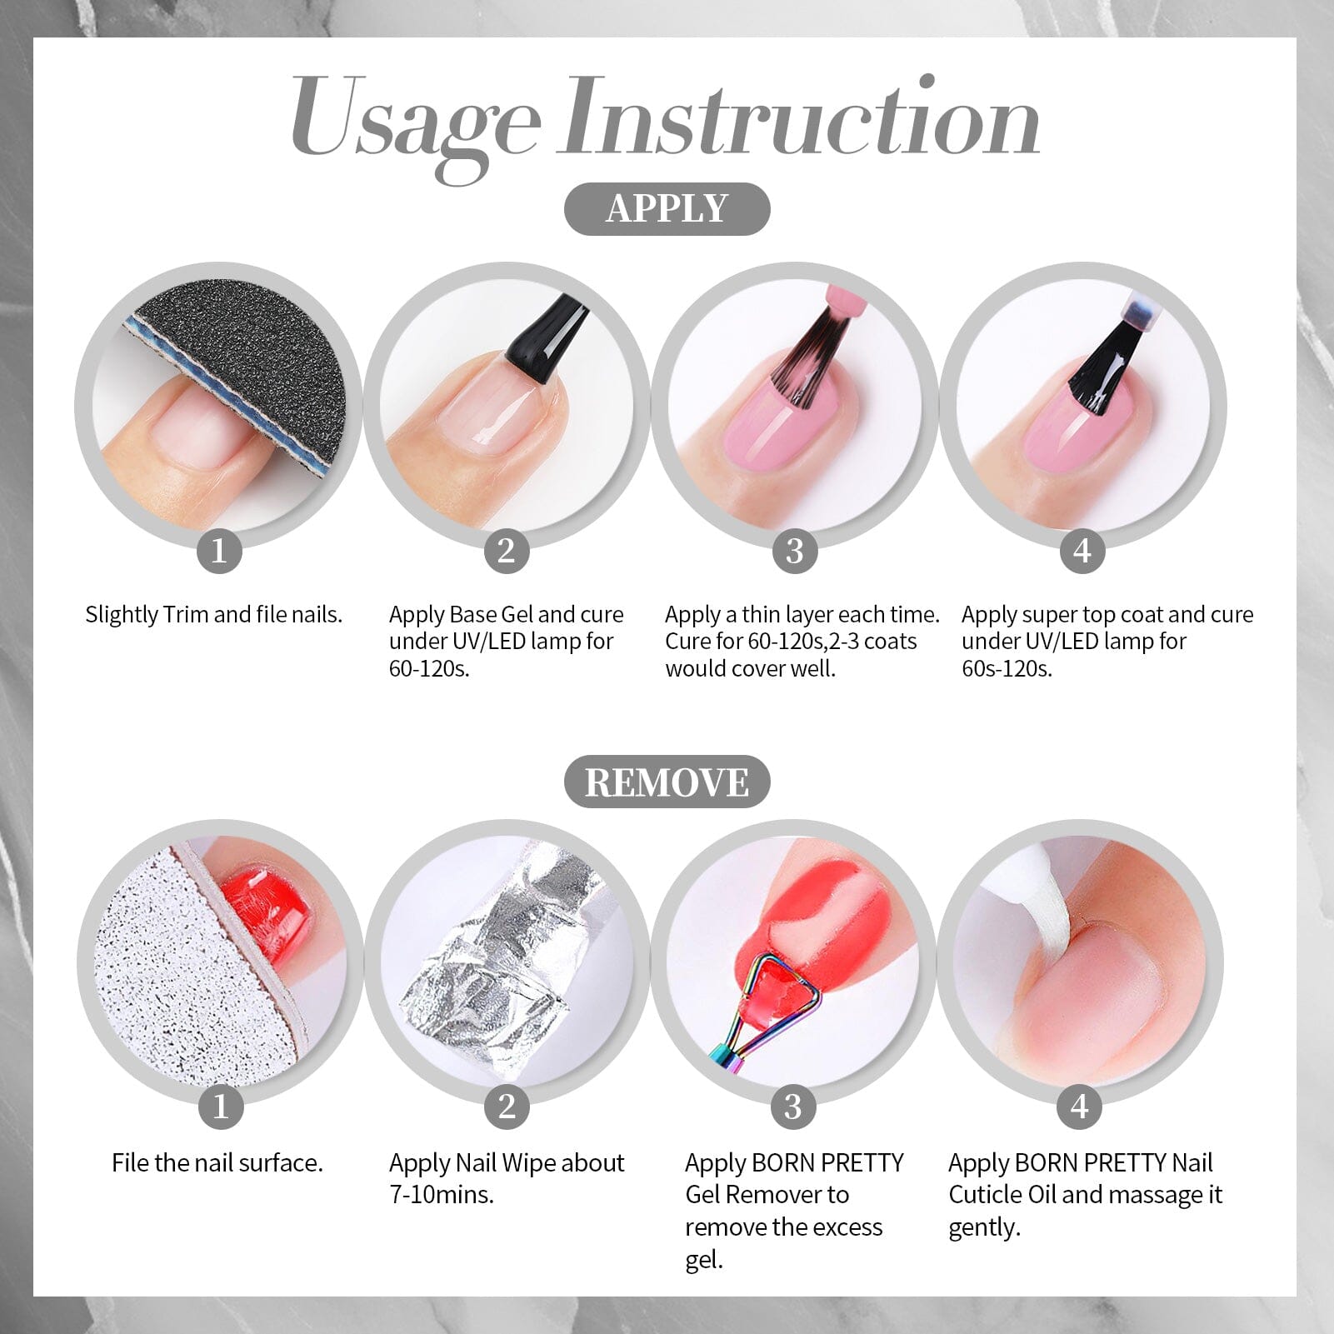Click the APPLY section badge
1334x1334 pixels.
667,208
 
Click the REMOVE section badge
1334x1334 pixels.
667,782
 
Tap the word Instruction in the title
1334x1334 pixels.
800,117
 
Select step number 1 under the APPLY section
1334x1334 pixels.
219,551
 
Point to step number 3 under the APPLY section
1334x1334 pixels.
794,551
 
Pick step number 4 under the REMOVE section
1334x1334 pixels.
1079,1107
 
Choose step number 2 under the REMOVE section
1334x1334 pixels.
507,1107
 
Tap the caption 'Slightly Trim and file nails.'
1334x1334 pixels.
214,615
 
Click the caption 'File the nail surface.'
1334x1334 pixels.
217,1163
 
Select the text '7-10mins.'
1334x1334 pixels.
442,1195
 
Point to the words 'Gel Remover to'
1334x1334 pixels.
767,1195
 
